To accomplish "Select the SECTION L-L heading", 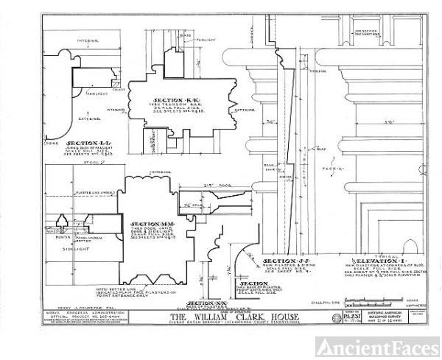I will click(x=83, y=143).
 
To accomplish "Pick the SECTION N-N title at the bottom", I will click(x=203, y=303).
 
